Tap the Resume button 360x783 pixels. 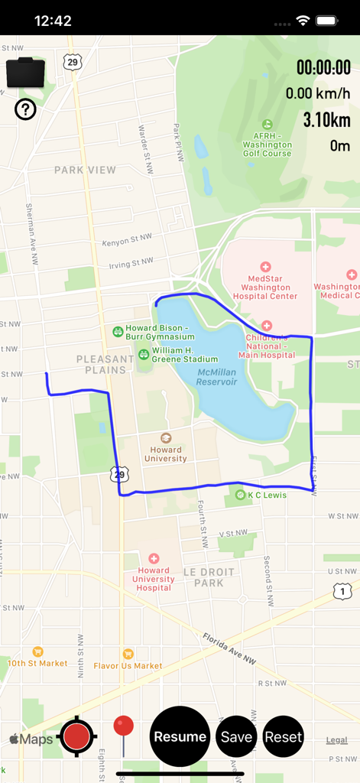pos(180,737)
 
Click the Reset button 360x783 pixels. pos(284,737)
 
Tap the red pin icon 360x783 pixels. pos(123,727)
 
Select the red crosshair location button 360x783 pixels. pos(76,737)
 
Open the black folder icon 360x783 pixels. pos(25,73)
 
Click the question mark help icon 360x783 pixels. pos(25,110)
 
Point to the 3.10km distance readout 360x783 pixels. pos(326,120)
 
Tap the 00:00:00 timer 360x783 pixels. pos(323,67)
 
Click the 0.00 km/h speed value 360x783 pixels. pos(318,94)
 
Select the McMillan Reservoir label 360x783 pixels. pos(216,377)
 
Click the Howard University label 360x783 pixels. pos(165,454)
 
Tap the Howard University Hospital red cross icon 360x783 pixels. pos(154,559)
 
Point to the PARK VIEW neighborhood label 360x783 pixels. pos(85,170)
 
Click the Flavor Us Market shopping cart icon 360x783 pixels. pos(128,653)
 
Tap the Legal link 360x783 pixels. pos(336,740)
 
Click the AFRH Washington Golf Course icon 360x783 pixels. pos(267,124)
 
